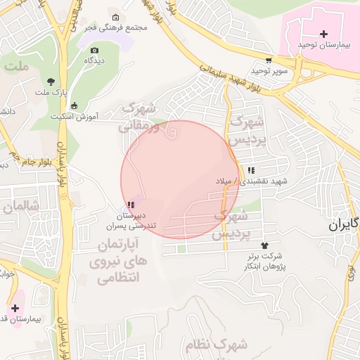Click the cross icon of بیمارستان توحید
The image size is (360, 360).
323,34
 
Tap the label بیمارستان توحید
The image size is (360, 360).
323,44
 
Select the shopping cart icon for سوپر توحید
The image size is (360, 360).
269,60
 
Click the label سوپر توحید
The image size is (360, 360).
272,71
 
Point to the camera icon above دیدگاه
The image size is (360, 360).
95,50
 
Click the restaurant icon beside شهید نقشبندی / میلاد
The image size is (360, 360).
251,170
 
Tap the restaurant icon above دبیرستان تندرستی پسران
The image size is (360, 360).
131,204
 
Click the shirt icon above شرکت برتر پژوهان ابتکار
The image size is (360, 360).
265,245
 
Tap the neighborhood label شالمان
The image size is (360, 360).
21,207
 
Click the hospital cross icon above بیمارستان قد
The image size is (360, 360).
15,308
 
